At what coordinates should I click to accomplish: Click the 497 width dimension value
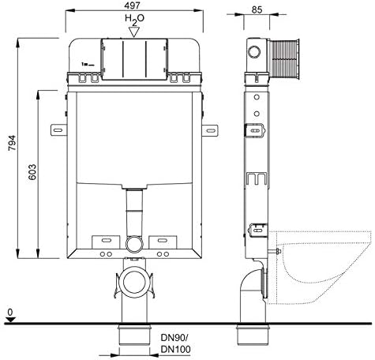coord(133,6)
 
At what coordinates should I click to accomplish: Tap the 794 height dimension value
coord(12,143)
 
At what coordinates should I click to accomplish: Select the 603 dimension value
coord(32,172)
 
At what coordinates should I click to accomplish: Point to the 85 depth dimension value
coord(257,9)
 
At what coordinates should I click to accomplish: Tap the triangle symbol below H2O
coord(134,32)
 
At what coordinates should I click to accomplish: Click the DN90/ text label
coord(174,337)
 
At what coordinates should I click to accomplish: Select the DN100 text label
coord(175,349)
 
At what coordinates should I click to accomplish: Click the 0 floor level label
coord(10,313)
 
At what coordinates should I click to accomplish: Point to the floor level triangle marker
coord(10,320)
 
